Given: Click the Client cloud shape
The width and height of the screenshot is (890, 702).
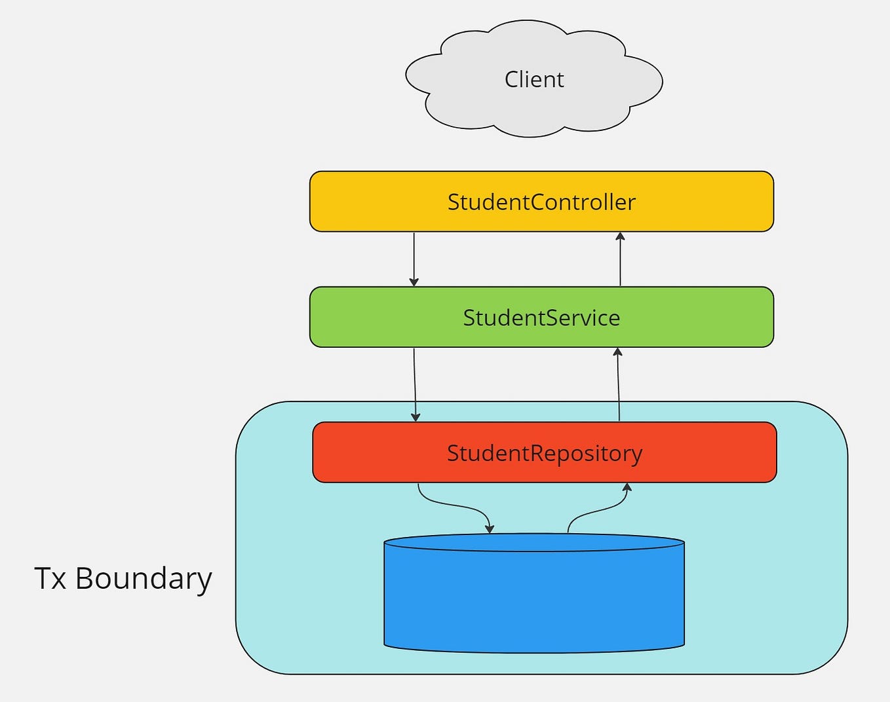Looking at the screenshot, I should pyautogui.click(x=459, y=98).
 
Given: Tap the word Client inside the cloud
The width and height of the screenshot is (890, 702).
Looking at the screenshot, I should pyautogui.click(x=534, y=79).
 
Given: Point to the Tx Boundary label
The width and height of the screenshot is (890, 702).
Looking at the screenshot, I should pyautogui.click(x=123, y=578).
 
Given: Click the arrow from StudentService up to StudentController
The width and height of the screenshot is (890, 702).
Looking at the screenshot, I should pyautogui.click(x=620, y=261).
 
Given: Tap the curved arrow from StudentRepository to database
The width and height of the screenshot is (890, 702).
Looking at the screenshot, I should pyautogui.click(x=452, y=505).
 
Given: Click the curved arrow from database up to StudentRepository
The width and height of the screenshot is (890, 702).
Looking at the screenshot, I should pyautogui.click(x=596, y=509).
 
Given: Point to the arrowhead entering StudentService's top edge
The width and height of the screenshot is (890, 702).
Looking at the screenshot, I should pyautogui.click(x=414, y=282).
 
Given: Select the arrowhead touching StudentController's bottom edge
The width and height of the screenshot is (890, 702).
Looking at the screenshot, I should pyautogui.click(x=620, y=236).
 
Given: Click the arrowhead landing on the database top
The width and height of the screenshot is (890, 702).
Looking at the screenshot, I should pyautogui.click(x=490, y=528).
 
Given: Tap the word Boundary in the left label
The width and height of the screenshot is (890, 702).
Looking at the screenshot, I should pyautogui.click(x=144, y=578).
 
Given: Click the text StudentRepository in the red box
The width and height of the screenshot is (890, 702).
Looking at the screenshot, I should pyautogui.click(x=544, y=453).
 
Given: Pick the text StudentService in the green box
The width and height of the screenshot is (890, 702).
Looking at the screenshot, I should pyautogui.click(x=541, y=317).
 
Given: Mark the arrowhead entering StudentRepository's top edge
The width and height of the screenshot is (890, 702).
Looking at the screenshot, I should pyautogui.click(x=416, y=417).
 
